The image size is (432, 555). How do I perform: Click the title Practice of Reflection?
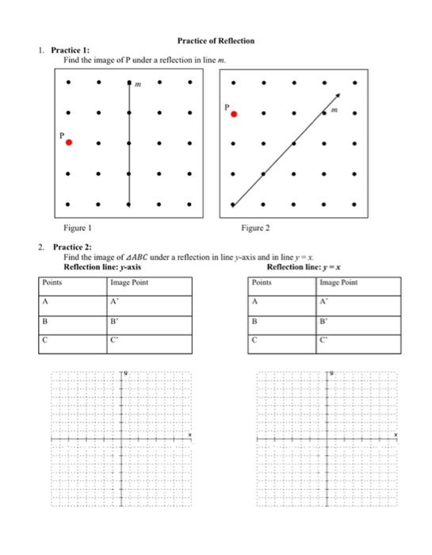tap(215, 40)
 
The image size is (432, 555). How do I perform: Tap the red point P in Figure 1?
tap(69, 143)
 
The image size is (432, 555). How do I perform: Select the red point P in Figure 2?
tap(233, 114)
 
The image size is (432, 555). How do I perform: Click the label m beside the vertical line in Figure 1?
tap(139, 83)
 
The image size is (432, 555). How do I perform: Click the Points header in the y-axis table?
tap(53, 282)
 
